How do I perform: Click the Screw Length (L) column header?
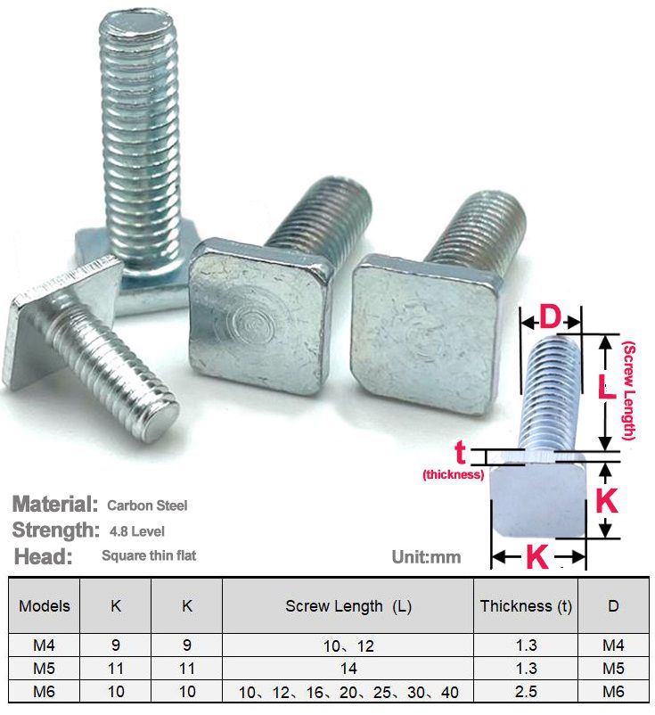pos(348,606)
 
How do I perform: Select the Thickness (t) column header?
pos(526,606)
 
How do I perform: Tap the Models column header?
pos(45,606)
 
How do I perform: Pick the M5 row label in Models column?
pos(45,668)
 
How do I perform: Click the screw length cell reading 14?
pos(348,668)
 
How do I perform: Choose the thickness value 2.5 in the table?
pos(526,691)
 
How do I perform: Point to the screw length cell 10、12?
pos(348,645)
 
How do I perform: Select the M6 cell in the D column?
pos(614,691)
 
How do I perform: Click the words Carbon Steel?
pos(147,505)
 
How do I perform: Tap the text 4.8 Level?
pos(137,531)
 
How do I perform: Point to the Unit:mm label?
pos(426,557)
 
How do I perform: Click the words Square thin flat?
pos(149,556)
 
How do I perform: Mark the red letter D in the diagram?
pos(550,317)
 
